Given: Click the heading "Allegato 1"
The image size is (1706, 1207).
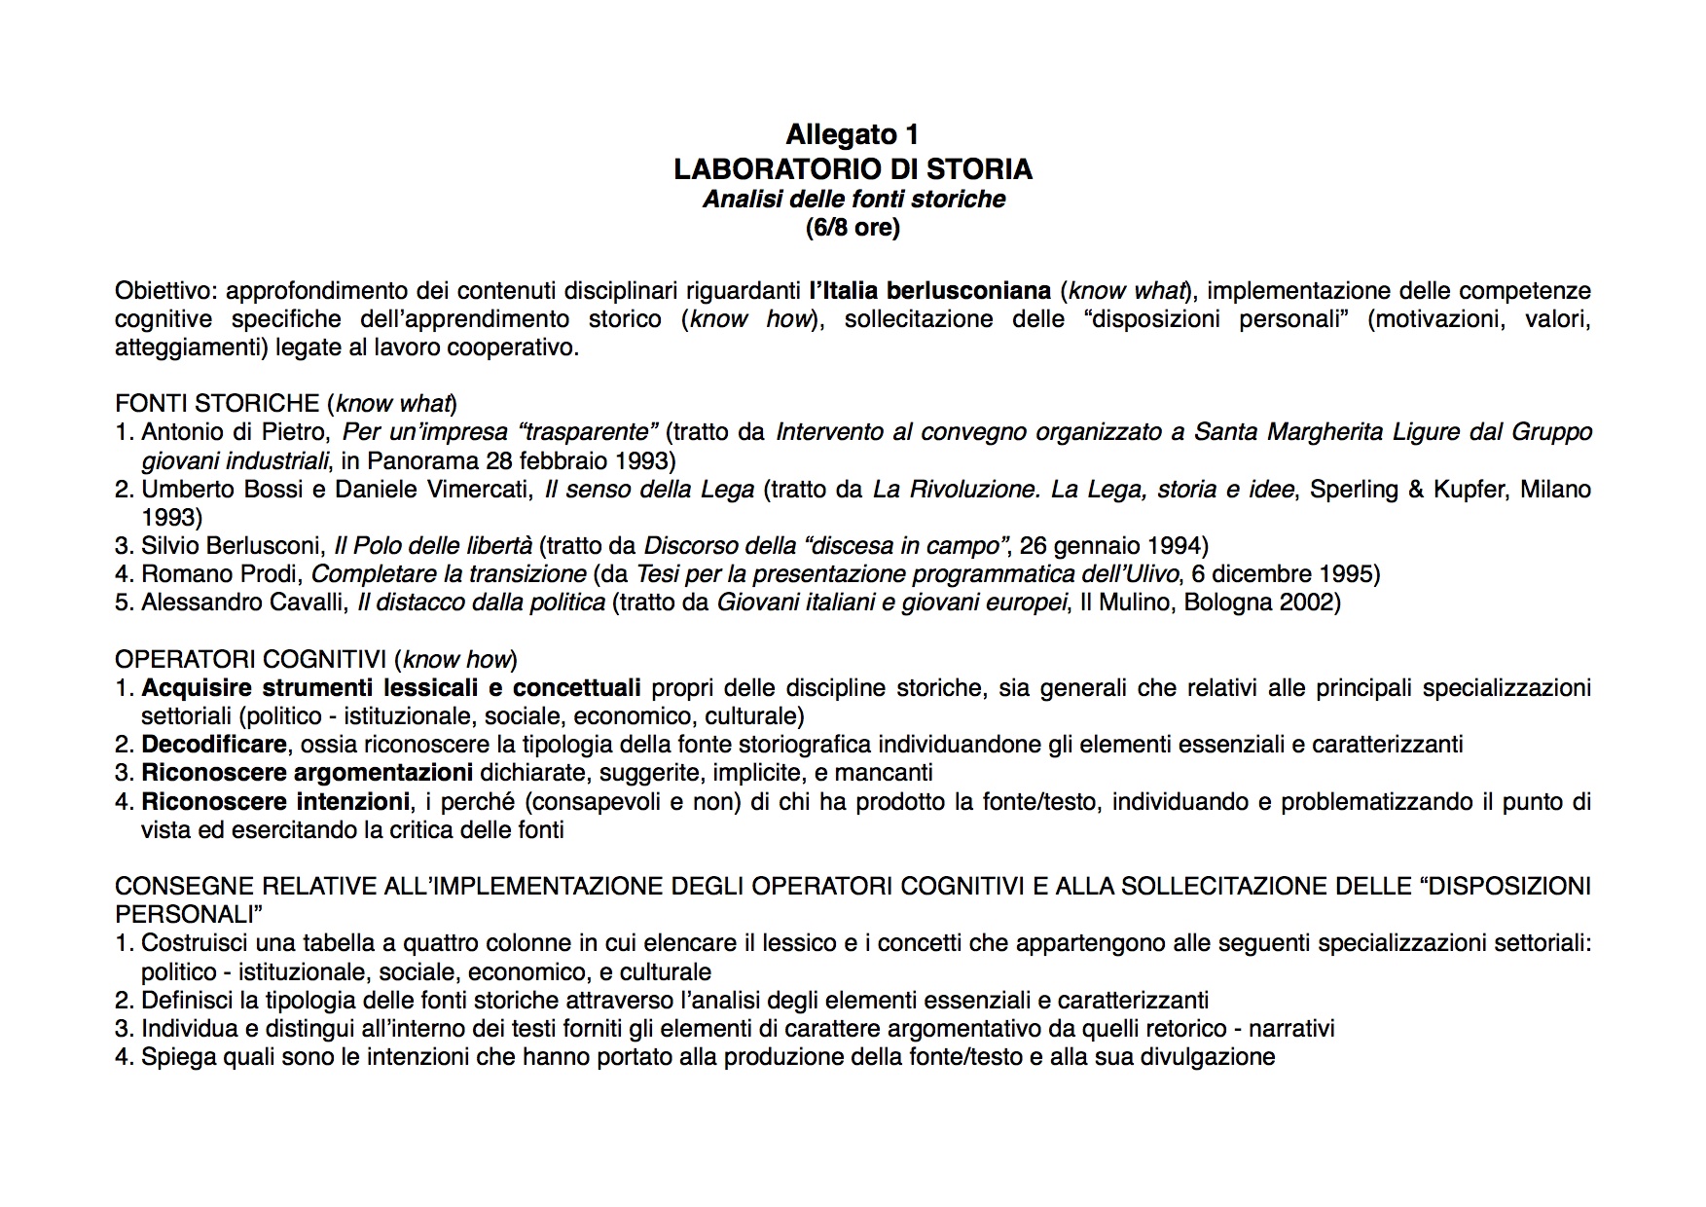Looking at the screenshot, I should click(x=852, y=134).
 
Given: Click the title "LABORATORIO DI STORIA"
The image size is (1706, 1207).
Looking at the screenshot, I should click(x=853, y=169).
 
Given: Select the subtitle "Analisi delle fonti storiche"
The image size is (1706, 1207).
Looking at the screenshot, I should click(x=853, y=200).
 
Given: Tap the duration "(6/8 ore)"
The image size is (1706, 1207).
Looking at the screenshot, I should click(x=853, y=228).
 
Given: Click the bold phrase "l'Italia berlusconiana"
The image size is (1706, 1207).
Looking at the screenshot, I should click(x=929, y=291).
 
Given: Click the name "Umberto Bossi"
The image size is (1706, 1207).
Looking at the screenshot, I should click(x=222, y=490).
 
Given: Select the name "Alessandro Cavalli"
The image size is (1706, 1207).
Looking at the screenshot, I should click(x=243, y=603).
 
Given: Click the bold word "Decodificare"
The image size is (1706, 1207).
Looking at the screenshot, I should click(x=214, y=746).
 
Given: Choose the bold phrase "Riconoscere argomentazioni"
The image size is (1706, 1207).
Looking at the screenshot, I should click(x=307, y=774).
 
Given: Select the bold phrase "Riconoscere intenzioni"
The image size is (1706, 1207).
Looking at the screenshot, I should click(x=274, y=802).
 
